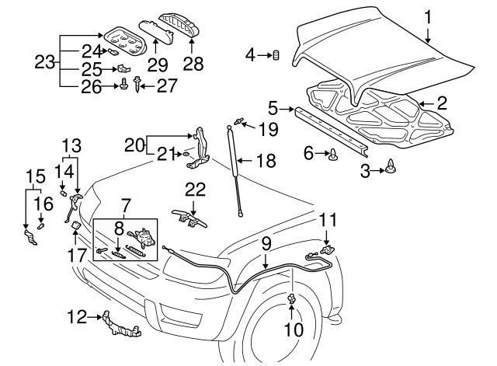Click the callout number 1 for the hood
point(426,16)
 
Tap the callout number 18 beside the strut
point(266,161)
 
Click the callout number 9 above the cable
point(266,242)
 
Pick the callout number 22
point(194,190)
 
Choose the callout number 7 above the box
point(127,205)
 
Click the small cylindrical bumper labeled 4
point(274,54)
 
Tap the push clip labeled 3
point(391,165)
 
